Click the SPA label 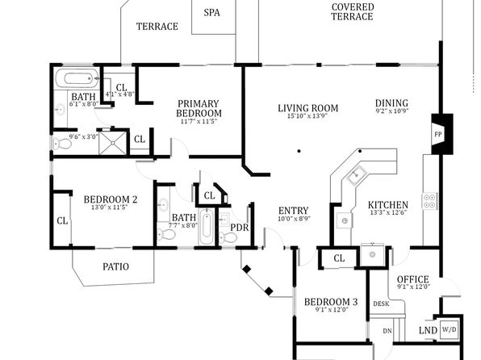[x=211, y=13]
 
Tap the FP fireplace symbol [x=441, y=134]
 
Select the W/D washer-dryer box [x=449, y=329]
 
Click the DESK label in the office [x=381, y=303]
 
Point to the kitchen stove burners [x=429, y=201]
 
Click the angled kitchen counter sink [x=356, y=175]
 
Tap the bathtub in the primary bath [x=77, y=78]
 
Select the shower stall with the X [x=112, y=143]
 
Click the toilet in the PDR [x=228, y=237]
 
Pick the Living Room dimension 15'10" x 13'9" [x=307, y=115]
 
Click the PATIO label [x=115, y=266]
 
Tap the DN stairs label [x=387, y=331]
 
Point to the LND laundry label [x=428, y=330]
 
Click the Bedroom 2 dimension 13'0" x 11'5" [x=110, y=207]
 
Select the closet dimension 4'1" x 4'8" [x=120, y=94]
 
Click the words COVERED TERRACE [x=352, y=11]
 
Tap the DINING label [x=391, y=103]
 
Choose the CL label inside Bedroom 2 [x=62, y=220]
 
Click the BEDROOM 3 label [x=331, y=302]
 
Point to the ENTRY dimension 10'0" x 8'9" [x=294, y=219]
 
